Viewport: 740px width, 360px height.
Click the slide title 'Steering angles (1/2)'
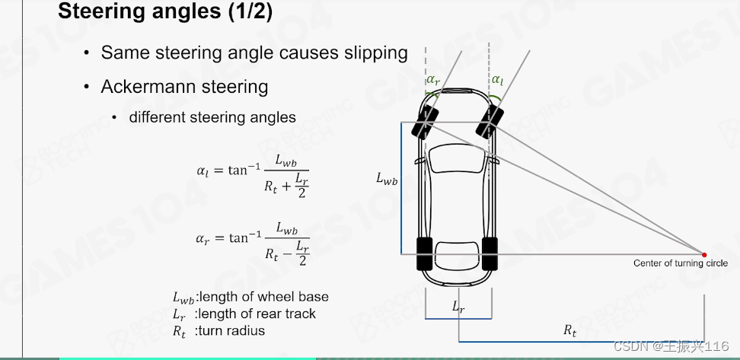point(164,12)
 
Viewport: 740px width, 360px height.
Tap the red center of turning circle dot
point(704,254)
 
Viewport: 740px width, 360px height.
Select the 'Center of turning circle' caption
point(680,263)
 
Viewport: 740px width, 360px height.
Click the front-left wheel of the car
point(423,123)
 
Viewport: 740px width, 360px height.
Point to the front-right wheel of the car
point(490,121)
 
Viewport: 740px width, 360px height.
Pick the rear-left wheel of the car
point(424,254)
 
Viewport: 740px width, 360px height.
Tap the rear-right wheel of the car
point(490,254)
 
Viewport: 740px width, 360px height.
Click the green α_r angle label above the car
point(433,79)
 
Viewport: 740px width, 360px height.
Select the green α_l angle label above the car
point(497,79)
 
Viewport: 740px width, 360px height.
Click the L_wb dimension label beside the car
point(387,179)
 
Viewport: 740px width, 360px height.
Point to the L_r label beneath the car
point(458,307)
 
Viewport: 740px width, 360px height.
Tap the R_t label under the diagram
point(569,330)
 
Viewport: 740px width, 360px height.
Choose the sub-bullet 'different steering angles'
point(212,117)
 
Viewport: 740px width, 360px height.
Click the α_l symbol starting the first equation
point(201,171)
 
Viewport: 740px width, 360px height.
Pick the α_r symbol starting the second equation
point(201,238)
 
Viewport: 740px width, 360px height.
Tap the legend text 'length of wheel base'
point(264,296)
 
